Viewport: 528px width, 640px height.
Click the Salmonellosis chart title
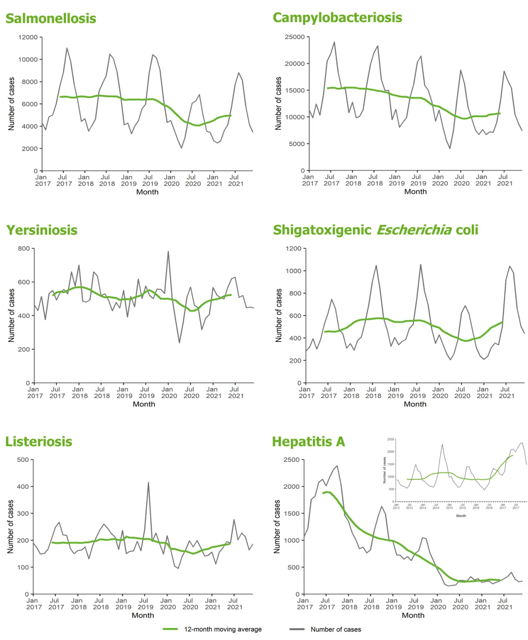pyautogui.click(x=51, y=19)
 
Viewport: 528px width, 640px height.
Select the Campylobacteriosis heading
pyautogui.click(x=337, y=18)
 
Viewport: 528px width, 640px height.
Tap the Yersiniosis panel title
pyautogui.click(x=42, y=230)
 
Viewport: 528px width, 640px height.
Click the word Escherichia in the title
pyautogui.click(x=414, y=230)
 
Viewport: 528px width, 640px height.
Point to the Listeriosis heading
pyautogui.click(x=39, y=442)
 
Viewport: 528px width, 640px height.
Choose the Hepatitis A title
pyautogui.click(x=308, y=442)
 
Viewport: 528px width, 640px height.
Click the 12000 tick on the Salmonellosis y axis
pyautogui.click(x=28, y=37)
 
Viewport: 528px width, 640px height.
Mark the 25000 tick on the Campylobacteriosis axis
pyautogui.click(x=295, y=37)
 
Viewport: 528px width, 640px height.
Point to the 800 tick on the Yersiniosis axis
pyautogui.click(x=24, y=249)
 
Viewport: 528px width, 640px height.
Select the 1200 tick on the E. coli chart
pyautogui.click(x=293, y=249)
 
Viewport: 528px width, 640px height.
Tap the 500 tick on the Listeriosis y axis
pyautogui.click(x=23, y=460)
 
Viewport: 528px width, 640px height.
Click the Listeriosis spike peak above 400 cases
pyautogui.click(x=148, y=483)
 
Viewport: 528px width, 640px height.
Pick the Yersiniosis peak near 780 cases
pyautogui.click(x=168, y=252)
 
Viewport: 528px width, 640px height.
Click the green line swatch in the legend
pyautogui.click(x=170, y=629)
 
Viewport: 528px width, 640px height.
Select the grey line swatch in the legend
pyautogui.click(x=297, y=629)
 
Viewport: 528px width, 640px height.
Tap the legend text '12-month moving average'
pyautogui.click(x=223, y=629)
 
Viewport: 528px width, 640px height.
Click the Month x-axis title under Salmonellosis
pyautogui.click(x=147, y=192)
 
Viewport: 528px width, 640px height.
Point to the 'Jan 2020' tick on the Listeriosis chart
pyautogui.click(x=167, y=604)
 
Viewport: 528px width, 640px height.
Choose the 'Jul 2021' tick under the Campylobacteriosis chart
pyautogui.click(x=504, y=180)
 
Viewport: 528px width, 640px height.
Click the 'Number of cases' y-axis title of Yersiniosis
pyautogui.click(x=11, y=315)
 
